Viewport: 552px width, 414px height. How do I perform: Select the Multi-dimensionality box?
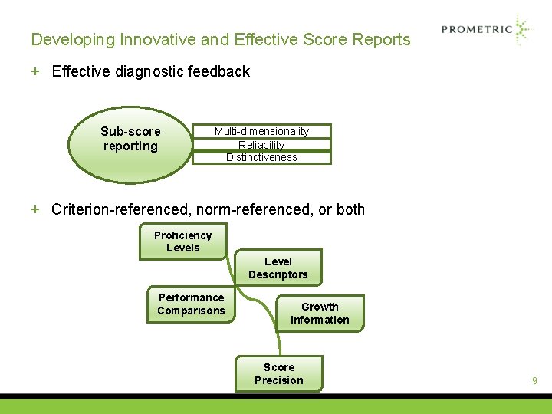point(261,131)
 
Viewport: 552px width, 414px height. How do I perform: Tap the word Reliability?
point(261,144)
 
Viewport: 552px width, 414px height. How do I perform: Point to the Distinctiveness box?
point(261,158)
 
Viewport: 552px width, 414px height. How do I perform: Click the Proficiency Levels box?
point(183,242)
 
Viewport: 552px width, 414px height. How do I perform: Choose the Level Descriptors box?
point(278,268)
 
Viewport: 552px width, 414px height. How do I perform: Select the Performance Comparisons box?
point(192,304)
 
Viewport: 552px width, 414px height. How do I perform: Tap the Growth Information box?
point(320,314)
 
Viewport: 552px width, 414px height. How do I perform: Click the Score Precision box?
point(279,373)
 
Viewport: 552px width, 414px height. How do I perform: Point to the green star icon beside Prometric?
point(523,30)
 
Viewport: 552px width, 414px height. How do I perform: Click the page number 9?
point(534,380)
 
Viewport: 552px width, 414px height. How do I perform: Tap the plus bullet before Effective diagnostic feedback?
point(35,71)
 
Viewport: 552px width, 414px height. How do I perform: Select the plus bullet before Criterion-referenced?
point(35,209)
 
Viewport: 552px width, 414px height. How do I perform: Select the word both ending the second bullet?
point(349,209)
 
